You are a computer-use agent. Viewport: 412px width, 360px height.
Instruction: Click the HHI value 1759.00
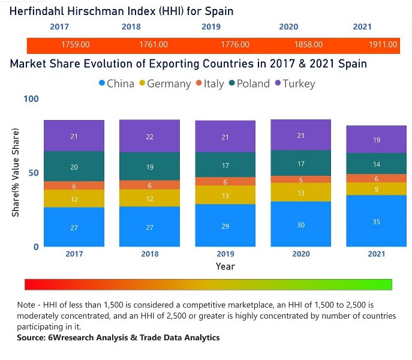tap(75, 45)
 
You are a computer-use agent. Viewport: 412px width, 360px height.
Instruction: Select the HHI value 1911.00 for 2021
tap(383, 45)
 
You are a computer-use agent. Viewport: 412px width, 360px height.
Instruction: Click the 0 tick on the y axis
tap(35, 247)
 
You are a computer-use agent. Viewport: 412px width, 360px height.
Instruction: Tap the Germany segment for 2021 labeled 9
tap(377, 189)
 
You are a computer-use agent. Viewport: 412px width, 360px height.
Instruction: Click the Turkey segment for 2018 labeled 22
tap(149, 136)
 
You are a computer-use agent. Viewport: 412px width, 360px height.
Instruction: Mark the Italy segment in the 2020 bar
tap(300, 179)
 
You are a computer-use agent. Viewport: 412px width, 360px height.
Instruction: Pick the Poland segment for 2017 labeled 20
tap(74, 167)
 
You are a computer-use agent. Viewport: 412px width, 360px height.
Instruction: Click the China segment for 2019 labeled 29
tap(225, 226)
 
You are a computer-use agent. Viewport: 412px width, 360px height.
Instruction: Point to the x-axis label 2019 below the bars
tap(225, 254)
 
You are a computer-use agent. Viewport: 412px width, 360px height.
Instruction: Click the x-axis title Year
tap(225, 266)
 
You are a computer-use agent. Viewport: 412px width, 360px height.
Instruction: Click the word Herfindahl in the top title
tap(37, 11)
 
